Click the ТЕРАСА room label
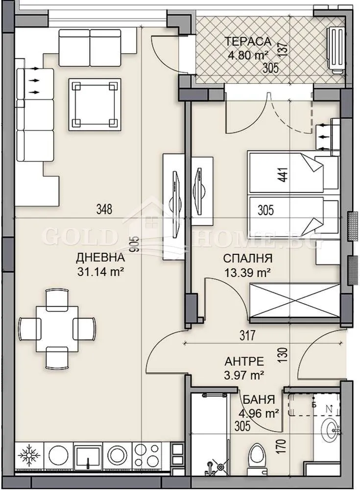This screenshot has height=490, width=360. tap(248, 41)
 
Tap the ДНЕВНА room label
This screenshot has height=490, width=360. tap(100, 258)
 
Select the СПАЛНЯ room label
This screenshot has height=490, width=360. tap(248, 258)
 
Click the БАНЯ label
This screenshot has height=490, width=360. tap(259, 399)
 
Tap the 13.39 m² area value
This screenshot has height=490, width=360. tap(248, 273)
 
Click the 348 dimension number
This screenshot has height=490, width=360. tap(104, 209)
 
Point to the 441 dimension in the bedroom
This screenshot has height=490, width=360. tap(285, 175)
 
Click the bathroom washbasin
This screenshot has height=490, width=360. tap(330, 432)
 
